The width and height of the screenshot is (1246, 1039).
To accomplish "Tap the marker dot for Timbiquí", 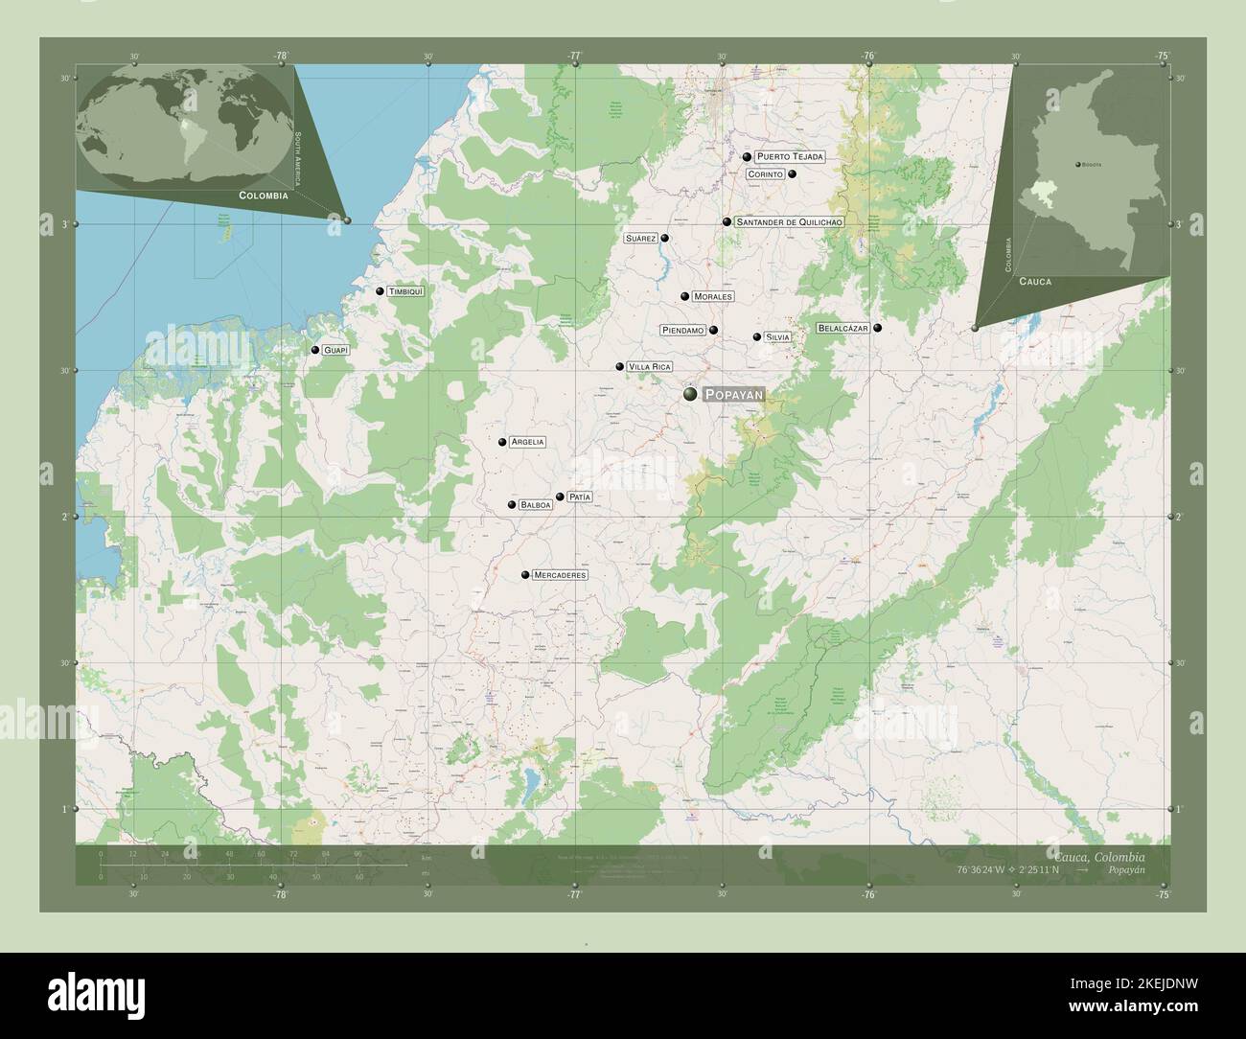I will pyautogui.click(x=381, y=291).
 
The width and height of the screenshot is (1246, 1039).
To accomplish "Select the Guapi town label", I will pyautogui.click(x=335, y=351).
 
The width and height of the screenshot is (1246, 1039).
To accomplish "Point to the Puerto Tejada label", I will pyautogui.click(x=790, y=156).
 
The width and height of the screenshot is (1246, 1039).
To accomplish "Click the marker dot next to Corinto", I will pyautogui.click(x=793, y=174).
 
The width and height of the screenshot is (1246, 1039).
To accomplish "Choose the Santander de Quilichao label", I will pyautogui.click(x=790, y=222).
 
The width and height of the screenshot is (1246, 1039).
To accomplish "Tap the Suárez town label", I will pyautogui.click(x=639, y=238).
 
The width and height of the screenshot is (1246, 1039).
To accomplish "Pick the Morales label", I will pyautogui.click(x=712, y=297).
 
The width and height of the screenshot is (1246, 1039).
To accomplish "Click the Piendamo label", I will pyautogui.click(x=682, y=331).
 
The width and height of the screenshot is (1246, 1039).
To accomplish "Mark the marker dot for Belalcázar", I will pyautogui.click(x=877, y=328).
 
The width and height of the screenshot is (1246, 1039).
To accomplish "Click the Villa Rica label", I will pyautogui.click(x=649, y=367).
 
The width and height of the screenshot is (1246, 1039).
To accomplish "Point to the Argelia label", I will pyautogui.click(x=528, y=442).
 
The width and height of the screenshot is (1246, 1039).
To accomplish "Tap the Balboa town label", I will pyautogui.click(x=537, y=505).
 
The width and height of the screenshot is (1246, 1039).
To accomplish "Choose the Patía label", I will pyautogui.click(x=580, y=496).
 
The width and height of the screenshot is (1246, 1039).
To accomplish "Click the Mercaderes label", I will pyautogui.click(x=560, y=575).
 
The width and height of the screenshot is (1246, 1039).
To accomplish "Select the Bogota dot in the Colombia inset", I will pyautogui.click(x=1077, y=165).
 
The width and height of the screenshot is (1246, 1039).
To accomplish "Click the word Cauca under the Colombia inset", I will pyautogui.click(x=1035, y=282).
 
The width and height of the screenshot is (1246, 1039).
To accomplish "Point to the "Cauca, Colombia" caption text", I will pyautogui.click(x=1096, y=855).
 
